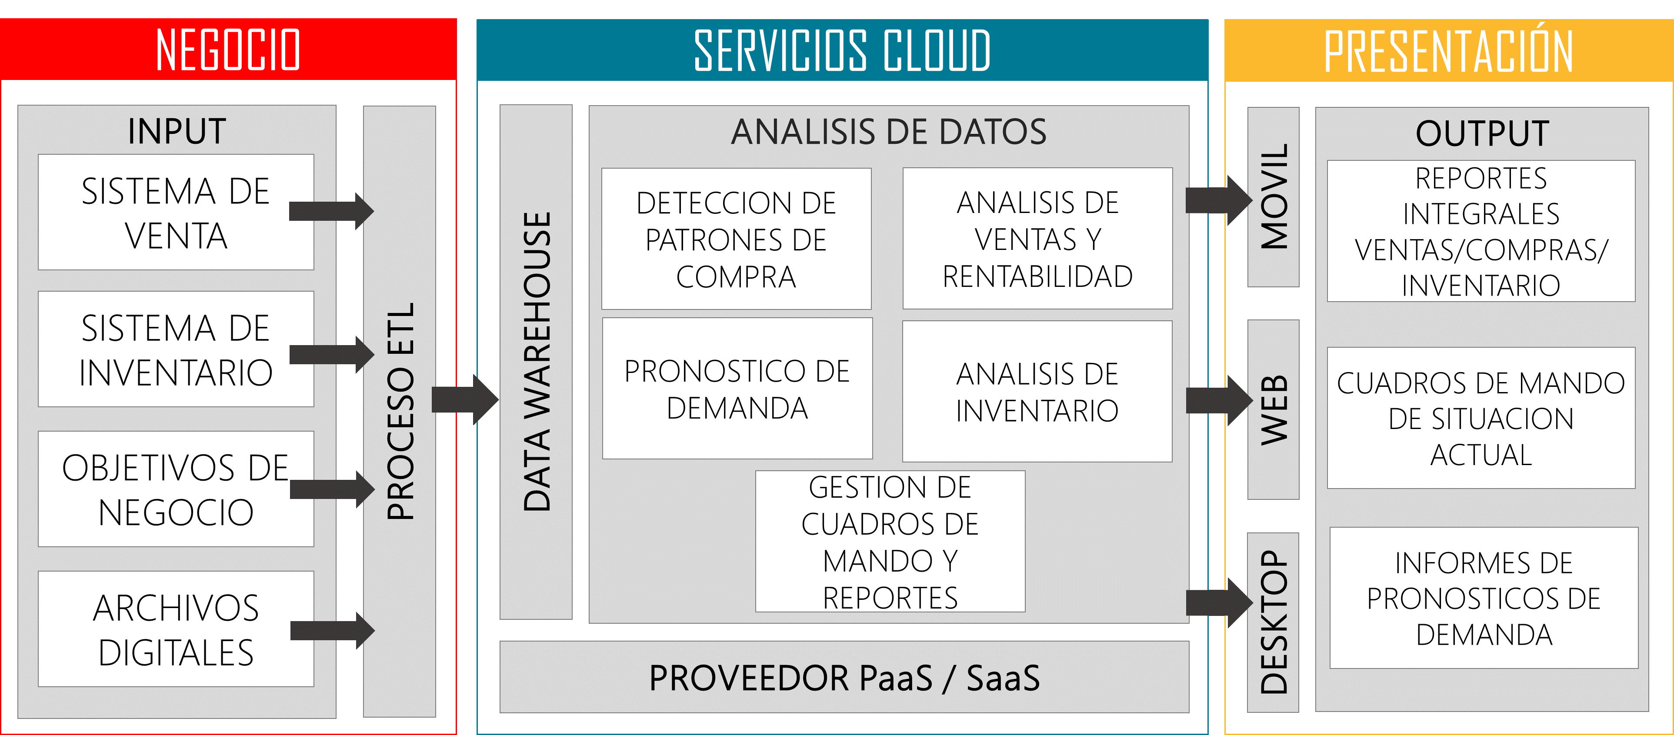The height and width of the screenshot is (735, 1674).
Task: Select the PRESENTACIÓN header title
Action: [1448, 51]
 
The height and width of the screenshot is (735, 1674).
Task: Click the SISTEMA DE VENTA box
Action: [176, 213]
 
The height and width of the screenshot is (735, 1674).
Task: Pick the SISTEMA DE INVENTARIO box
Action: [176, 349]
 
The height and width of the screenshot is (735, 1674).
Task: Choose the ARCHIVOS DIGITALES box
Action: [176, 629]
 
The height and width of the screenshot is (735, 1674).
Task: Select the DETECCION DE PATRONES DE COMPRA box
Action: [736, 239]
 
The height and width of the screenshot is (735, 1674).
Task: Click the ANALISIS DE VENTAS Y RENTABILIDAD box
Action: [1037, 239]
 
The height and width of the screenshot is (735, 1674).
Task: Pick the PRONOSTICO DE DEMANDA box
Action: [737, 389]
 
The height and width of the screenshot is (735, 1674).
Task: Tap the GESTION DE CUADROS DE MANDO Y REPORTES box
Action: [890, 541]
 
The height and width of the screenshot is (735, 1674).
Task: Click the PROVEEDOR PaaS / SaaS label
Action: [844, 677]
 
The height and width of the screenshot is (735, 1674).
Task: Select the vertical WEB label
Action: [1274, 409]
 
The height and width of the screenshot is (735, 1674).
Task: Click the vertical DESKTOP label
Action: [1274, 622]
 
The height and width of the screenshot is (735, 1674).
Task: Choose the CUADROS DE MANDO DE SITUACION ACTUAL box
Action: [1481, 418]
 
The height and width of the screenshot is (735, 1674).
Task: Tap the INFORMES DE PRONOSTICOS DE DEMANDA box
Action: [1484, 598]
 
